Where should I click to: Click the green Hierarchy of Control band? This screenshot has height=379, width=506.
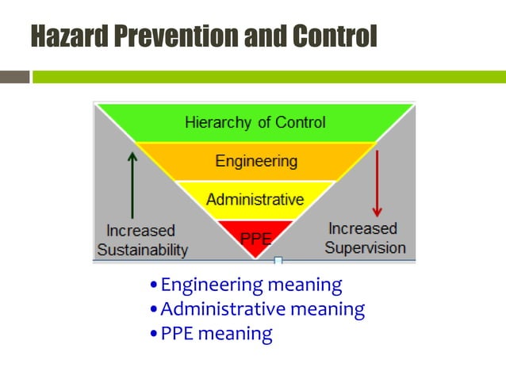(x=255, y=123)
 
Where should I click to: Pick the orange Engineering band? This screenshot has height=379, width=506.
(x=256, y=161)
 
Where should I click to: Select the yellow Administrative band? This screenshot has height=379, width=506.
(x=255, y=199)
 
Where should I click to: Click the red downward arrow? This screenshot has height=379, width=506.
(x=377, y=183)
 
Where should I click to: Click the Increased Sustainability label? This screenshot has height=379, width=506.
(x=142, y=240)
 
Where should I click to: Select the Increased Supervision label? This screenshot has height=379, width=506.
(x=365, y=238)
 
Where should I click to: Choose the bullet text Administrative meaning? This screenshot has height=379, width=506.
(x=263, y=309)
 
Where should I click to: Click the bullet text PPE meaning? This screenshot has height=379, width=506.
(x=216, y=334)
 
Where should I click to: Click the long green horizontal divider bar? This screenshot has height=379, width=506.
(x=269, y=77)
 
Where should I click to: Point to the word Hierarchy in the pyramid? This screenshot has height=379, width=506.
(x=213, y=123)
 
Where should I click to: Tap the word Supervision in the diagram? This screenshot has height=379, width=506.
(x=365, y=247)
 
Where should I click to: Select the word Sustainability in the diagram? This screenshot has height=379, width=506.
(x=143, y=250)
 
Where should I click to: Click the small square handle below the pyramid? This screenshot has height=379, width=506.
(x=278, y=260)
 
